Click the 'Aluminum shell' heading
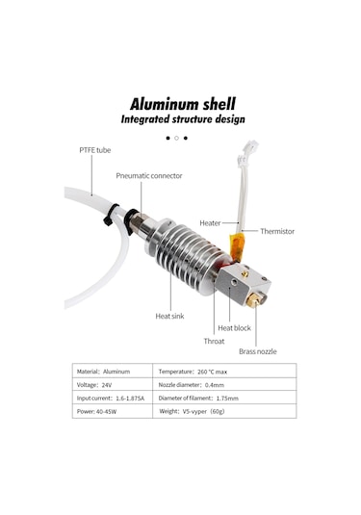[183, 105]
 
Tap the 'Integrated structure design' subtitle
[183, 119]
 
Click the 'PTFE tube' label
[95, 150]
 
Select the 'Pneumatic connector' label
[149, 176]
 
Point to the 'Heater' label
[210, 223]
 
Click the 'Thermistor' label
[277, 231]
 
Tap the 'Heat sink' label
[169, 317]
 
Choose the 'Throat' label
[214, 342]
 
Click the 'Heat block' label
[234, 328]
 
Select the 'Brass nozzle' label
[258, 351]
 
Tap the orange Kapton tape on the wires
[238, 246]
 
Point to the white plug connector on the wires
[247, 149]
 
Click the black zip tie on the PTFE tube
[111, 215]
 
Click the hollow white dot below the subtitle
[176, 139]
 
